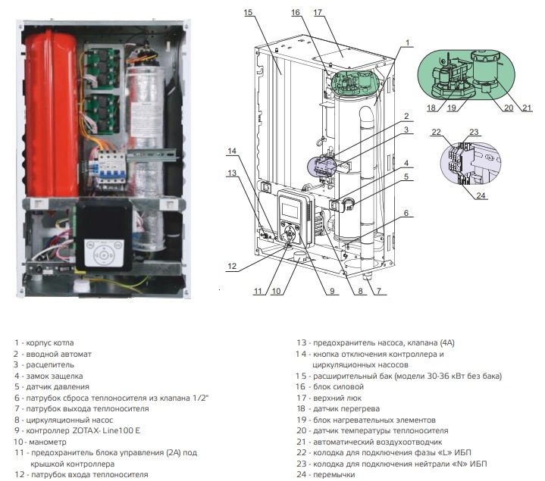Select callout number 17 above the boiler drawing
318,13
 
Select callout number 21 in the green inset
528,107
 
